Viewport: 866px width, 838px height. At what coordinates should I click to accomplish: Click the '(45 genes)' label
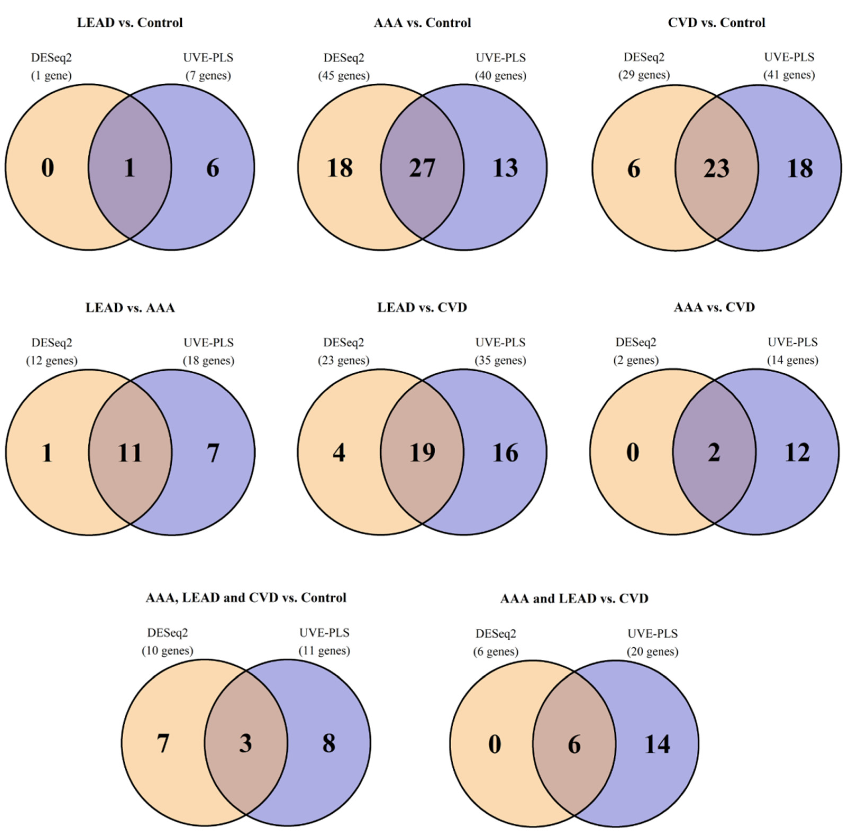click(x=344, y=76)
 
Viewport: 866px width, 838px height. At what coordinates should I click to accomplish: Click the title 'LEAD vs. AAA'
click(x=130, y=308)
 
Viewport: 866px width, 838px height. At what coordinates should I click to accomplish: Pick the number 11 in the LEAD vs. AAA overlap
click(x=130, y=453)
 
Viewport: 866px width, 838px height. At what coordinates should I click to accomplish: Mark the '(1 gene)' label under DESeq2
click(x=51, y=76)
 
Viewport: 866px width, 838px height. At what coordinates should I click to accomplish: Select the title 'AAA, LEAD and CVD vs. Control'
click(x=246, y=598)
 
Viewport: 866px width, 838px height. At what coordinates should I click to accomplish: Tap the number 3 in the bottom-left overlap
click(x=246, y=744)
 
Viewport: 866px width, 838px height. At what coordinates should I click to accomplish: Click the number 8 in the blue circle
click(x=329, y=744)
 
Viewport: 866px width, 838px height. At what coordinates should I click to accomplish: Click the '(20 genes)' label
click(x=652, y=652)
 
